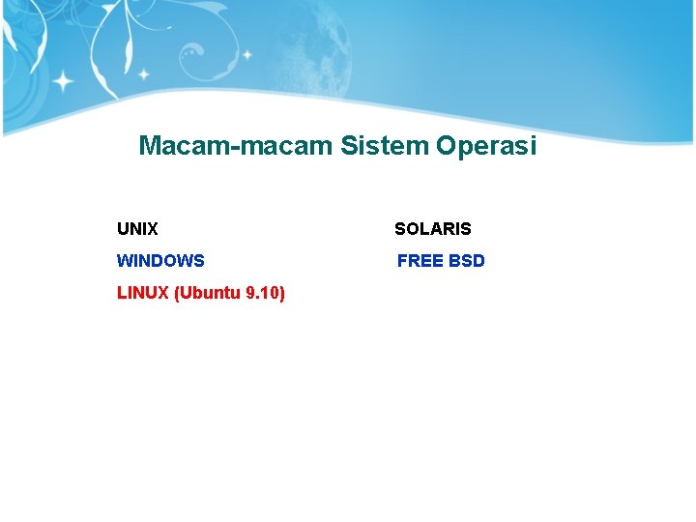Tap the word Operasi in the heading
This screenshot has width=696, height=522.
485,146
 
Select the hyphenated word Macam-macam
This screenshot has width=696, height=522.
236,146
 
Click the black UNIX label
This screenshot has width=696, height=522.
137,229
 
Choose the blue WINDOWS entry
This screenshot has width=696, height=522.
160,261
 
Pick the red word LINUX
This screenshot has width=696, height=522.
143,292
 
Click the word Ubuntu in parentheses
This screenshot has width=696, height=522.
208,292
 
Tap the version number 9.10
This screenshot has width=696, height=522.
265,292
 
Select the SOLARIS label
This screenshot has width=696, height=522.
432,229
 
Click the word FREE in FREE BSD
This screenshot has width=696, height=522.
420,261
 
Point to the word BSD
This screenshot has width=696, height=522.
467,261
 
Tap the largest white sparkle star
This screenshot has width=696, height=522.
64,81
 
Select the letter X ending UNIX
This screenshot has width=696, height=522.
153,229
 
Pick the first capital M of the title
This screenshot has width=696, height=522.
151,146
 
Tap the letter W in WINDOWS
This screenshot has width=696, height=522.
124,261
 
